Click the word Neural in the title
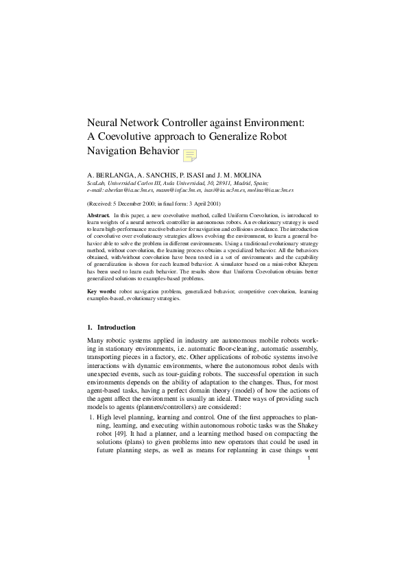pos(103,123)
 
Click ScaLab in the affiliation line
pos(97,184)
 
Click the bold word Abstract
pos(99,215)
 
